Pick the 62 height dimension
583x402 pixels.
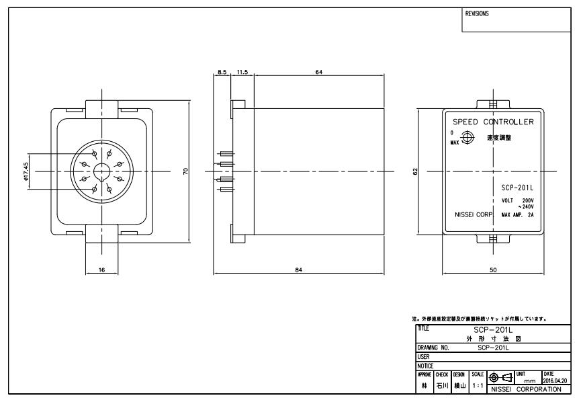pyautogui.click(x=415, y=171)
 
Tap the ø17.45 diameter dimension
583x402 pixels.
pyautogui.click(x=26, y=171)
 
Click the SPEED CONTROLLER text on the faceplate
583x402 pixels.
pyautogui.click(x=493, y=122)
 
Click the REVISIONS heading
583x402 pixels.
pyautogui.click(x=478, y=13)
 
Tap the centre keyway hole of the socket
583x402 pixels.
pyautogui.click(x=102, y=171)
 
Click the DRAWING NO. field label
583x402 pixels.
pyautogui.click(x=433, y=348)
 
